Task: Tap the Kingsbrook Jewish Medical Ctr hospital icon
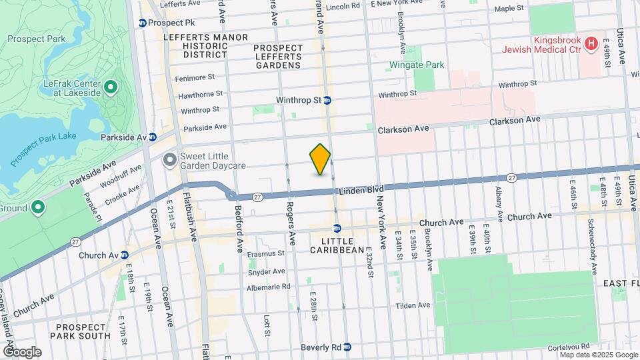pos(590,44)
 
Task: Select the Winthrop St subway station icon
pos(328,101)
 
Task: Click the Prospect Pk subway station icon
pos(143,23)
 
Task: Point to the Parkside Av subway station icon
pos(153,137)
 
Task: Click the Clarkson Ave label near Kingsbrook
pos(515,121)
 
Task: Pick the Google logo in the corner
pos(21,352)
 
